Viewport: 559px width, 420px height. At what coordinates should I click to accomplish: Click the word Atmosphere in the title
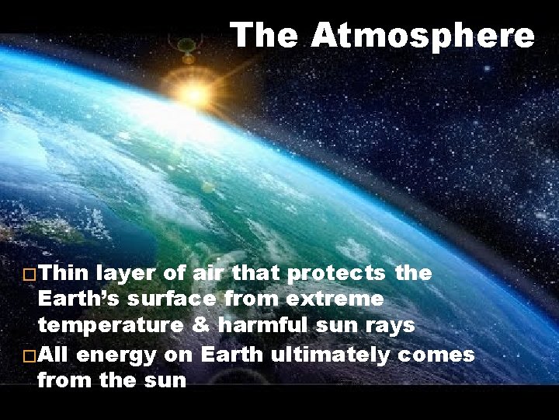(x=423, y=36)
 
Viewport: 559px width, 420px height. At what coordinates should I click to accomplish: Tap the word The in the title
(x=266, y=36)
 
